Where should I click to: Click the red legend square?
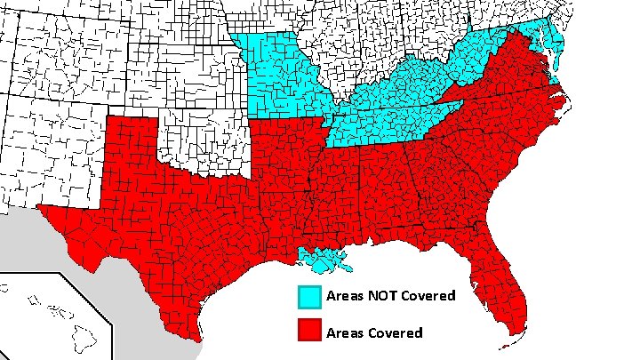(309, 331)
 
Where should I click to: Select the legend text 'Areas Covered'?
(373, 332)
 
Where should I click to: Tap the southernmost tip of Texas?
(196, 338)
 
